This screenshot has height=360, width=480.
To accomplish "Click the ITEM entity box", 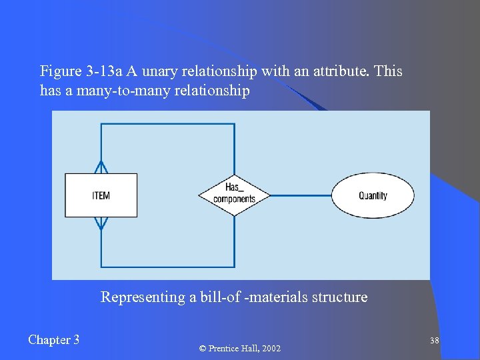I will [x=101, y=195].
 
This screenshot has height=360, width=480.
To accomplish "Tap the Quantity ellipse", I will [x=373, y=195].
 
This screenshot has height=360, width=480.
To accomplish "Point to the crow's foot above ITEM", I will [x=101, y=167].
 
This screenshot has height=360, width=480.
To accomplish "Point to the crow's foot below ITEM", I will [x=101, y=224].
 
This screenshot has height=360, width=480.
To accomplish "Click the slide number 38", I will [x=434, y=341].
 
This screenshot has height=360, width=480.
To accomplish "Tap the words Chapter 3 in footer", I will [x=54, y=340].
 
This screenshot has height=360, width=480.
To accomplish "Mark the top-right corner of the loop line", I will [x=234, y=125].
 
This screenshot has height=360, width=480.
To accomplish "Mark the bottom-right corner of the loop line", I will [x=234, y=266].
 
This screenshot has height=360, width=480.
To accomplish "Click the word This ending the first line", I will [x=389, y=71].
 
